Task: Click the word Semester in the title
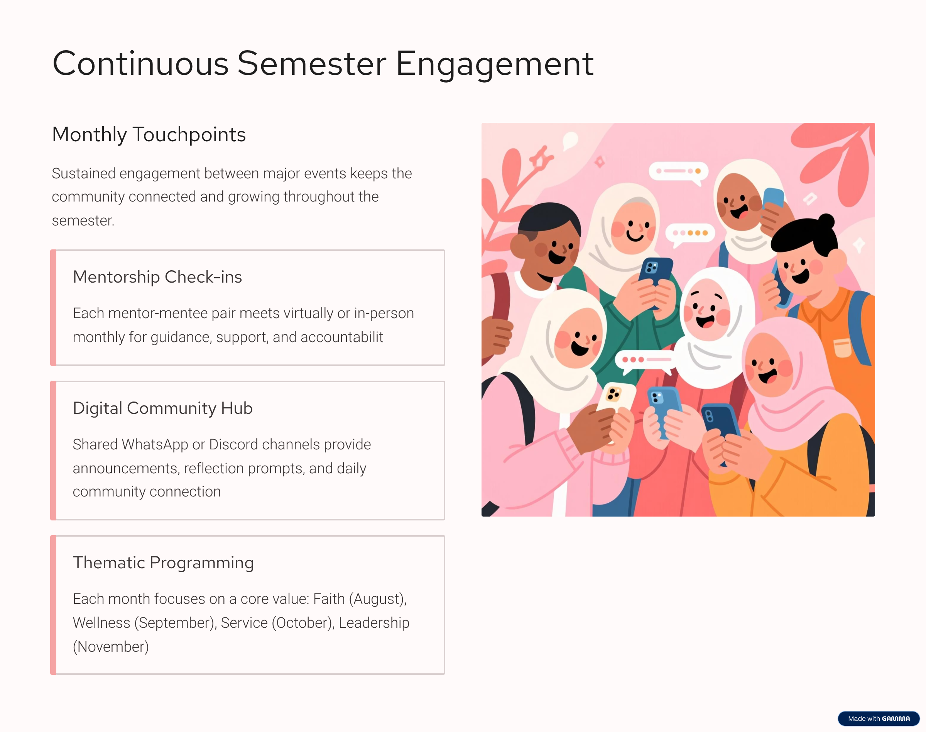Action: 312,64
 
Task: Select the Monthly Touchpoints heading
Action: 149,135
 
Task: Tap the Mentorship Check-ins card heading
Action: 157,277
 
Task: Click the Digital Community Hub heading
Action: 163,408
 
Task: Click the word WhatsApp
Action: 155,445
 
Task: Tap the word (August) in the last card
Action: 378,599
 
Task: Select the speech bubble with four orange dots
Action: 690,234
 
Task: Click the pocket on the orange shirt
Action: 843,348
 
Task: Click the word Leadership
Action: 374,623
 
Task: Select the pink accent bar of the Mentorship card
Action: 54,308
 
